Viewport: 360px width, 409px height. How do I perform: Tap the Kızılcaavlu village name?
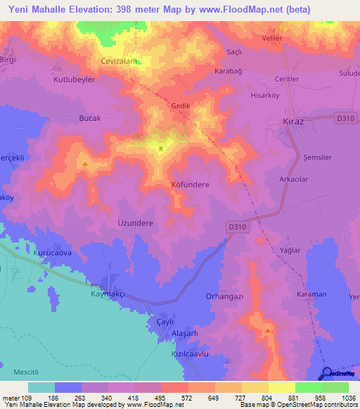tap(191, 355)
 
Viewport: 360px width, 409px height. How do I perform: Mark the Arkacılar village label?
tap(295, 180)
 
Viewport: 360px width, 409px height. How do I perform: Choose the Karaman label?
tap(311, 293)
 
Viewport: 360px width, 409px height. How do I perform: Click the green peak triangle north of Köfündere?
tap(161, 148)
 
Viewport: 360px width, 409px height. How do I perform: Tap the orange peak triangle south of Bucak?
tap(85, 165)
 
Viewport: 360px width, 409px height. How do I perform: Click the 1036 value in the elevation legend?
tap(349, 397)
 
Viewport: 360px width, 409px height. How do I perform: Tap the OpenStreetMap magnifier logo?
tap(327, 373)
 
